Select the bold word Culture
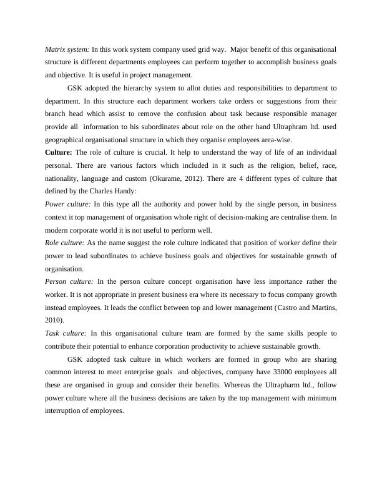pyautogui.click(x=59, y=152)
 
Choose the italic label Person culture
pyautogui.click(x=69, y=282)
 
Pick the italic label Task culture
pyautogui.click(x=65, y=334)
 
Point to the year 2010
pyautogui.click(x=54, y=321)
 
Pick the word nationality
pyautogui.click(x=65, y=178)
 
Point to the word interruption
pyautogui.click(x=67, y=411)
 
